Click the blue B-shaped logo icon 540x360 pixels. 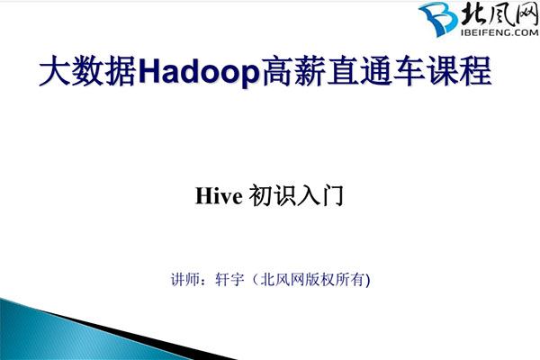(439, 20)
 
